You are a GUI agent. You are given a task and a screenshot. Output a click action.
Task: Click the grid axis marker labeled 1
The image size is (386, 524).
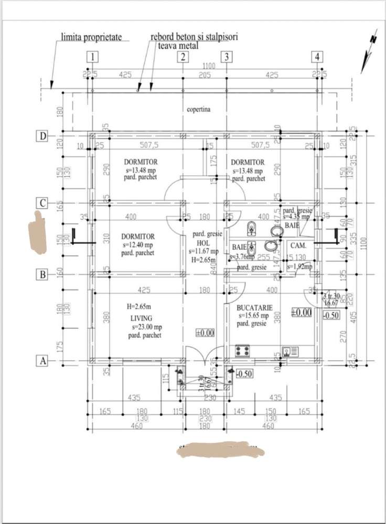(x=92, y=57)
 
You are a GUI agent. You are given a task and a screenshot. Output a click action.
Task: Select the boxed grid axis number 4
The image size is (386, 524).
(x=317, y=57)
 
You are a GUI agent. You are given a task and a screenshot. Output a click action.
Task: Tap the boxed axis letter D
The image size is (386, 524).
(x=42, y=136)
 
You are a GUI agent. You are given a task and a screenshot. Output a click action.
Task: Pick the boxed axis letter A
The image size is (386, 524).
(x=42, y=361)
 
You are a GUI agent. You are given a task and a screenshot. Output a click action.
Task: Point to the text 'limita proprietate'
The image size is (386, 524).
(x=92, y=37)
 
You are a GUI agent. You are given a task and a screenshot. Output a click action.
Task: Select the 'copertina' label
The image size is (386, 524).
(x=198, y=110)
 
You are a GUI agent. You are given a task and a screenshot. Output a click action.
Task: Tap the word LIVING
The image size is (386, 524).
(x=142, y=318)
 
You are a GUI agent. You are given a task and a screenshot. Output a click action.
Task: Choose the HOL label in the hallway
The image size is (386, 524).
(x=203, y=243)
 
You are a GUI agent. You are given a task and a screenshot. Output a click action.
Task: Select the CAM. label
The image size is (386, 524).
(x=298, y=245)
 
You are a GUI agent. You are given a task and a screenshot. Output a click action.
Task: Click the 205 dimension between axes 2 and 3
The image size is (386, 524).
(x=205, y=75)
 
